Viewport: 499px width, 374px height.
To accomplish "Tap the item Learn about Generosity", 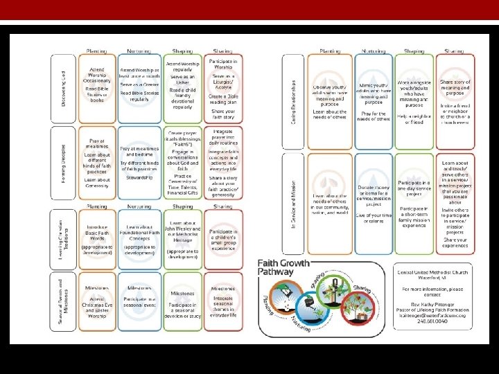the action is pos(97,184).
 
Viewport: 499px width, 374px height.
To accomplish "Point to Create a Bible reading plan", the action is pos(222,98).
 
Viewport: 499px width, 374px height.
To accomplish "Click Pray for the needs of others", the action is pos(374,116).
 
